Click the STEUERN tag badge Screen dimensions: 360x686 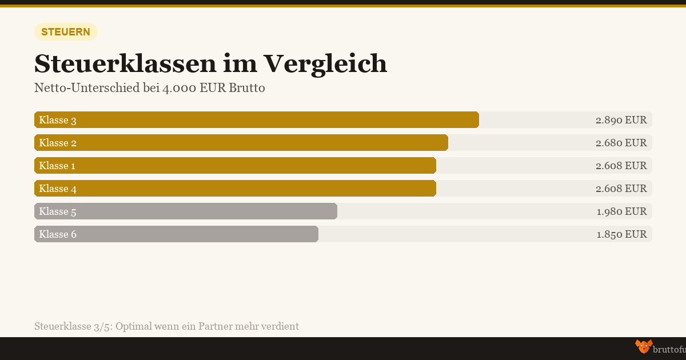pos(66,32)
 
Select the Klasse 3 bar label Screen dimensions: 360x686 pos(58,120)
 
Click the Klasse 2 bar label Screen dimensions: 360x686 pos(58,143)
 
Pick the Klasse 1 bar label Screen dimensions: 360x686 pos(57,166)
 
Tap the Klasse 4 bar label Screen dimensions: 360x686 pos(58,189)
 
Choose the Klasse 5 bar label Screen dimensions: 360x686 pos(58,211)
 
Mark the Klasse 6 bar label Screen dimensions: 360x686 pos(58,234)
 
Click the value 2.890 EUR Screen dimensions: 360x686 pos(621,120)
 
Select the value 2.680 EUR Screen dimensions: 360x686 pos(621,143)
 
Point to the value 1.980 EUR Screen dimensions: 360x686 pos(621,211)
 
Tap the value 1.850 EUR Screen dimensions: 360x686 pos(621,234)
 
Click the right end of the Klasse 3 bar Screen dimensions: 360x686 pos(477,120)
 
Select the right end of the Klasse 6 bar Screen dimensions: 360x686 pos(316,234)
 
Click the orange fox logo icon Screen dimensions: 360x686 pos(643,346)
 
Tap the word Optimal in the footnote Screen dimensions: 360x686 pos(135,326)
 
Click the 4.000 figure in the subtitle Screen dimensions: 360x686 pos(178,89)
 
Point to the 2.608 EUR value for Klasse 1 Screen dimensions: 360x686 pos(621,166)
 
